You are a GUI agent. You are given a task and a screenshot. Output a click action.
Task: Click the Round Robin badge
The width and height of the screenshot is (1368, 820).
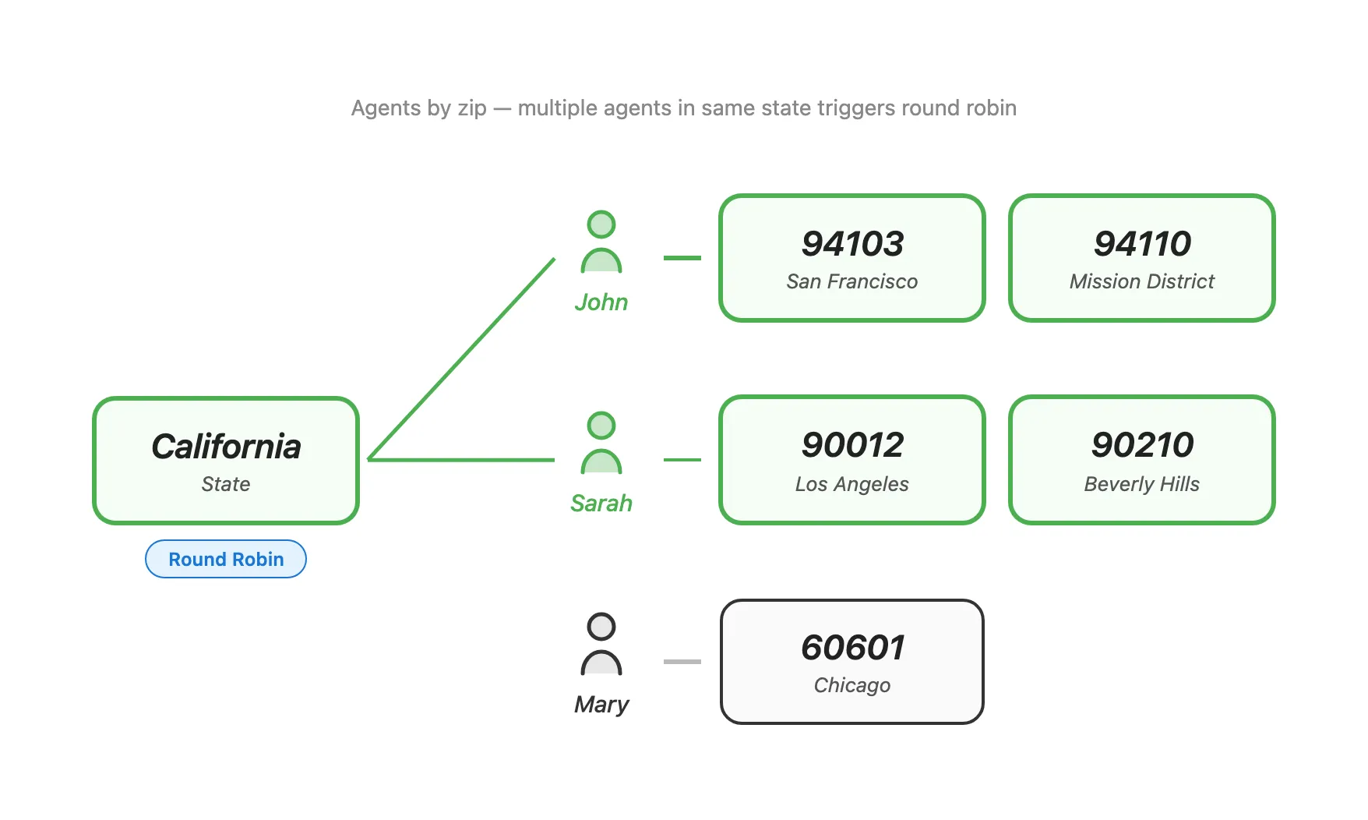point(226,559)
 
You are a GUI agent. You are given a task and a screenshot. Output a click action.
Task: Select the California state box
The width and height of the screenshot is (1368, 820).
point(226,460)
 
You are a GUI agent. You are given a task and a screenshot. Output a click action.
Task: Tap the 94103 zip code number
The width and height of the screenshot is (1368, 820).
point(852,244)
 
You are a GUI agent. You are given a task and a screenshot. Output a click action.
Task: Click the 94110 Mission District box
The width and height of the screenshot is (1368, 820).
point(1142,258)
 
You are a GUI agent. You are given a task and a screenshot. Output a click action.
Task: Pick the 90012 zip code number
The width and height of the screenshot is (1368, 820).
point(852,445)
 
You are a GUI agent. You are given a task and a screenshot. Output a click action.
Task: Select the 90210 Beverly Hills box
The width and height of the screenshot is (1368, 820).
point(1142,460)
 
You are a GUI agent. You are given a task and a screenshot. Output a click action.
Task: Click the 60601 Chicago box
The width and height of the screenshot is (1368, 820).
point(852,662)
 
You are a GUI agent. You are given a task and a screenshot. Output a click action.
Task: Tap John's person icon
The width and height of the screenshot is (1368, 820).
point(601,242)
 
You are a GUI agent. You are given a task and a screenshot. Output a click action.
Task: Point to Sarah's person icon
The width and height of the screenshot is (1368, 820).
point(601,444)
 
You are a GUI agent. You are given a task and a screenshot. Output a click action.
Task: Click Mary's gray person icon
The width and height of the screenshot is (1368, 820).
point(601,645)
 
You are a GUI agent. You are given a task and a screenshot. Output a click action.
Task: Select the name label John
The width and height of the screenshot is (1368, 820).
point(601,302)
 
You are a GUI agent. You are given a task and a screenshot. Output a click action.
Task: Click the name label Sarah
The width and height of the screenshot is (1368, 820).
point(601,504)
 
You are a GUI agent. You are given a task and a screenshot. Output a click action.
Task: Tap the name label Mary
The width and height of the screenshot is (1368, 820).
point(601,705)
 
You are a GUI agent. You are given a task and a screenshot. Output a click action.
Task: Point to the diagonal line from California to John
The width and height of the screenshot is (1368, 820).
point(461,359)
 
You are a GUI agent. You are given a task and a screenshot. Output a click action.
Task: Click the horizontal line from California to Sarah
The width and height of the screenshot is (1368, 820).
point(461,460)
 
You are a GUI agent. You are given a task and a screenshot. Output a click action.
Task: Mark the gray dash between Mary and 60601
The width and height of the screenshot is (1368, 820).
point(682,662)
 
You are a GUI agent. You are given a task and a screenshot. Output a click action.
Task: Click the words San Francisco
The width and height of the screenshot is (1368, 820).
point(852,281)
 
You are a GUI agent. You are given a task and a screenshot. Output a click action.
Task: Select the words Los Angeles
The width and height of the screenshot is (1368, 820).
point(852,484)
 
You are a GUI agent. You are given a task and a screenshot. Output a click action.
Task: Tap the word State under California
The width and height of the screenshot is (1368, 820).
point(226,484)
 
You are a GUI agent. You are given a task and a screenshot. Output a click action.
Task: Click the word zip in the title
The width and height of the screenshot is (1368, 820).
point(472,108)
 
